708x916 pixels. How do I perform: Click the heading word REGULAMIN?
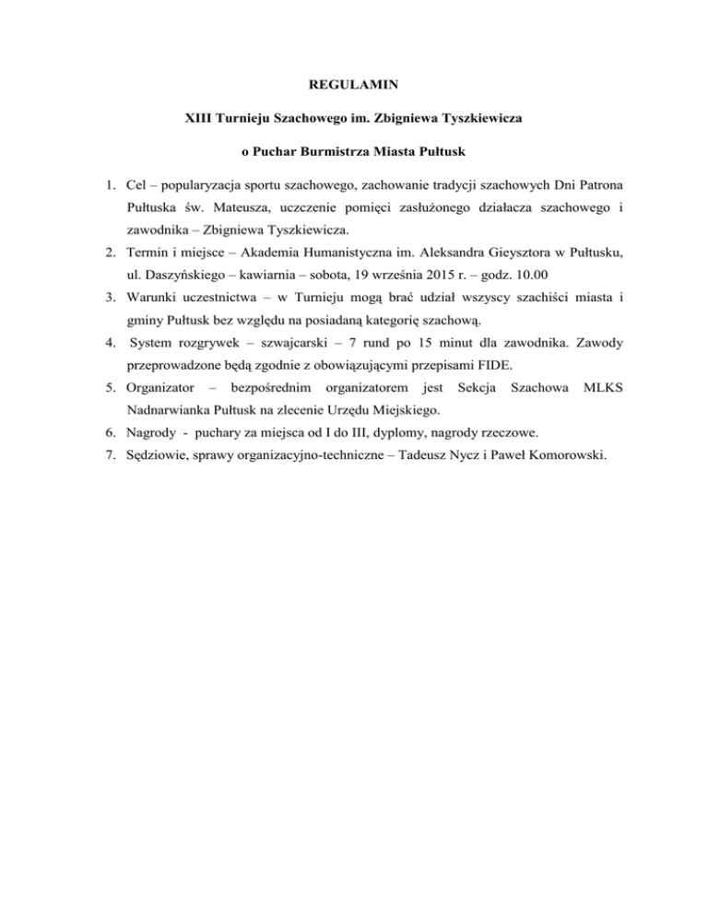[354, 86]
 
